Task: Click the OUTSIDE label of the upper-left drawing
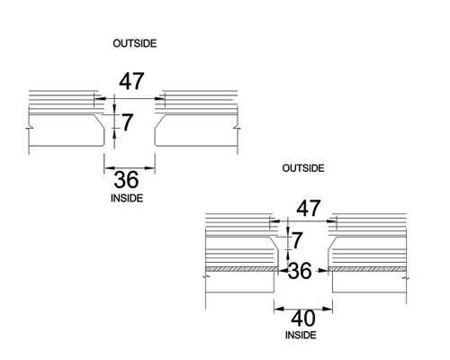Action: point(135,43)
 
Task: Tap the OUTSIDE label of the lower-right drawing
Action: point(303,168)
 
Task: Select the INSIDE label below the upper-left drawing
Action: point(127,198)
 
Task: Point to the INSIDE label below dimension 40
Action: point(301,335)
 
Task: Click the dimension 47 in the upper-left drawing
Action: point(131,81)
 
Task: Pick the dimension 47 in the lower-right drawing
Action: point(309,208)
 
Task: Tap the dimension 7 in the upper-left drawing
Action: point(127,122)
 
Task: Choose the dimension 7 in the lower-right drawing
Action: point(297,240)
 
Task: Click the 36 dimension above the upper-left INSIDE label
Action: point(126,180)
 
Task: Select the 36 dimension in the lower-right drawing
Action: point(300,271)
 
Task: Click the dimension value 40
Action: point(303,319)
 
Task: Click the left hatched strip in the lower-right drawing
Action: point(242,269)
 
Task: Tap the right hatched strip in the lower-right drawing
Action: point(367,269)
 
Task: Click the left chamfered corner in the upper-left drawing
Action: point(99,122)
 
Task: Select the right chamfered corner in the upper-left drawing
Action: point(160,122)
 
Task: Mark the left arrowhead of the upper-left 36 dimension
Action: point(110,168)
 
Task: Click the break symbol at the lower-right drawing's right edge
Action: point(406,279)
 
